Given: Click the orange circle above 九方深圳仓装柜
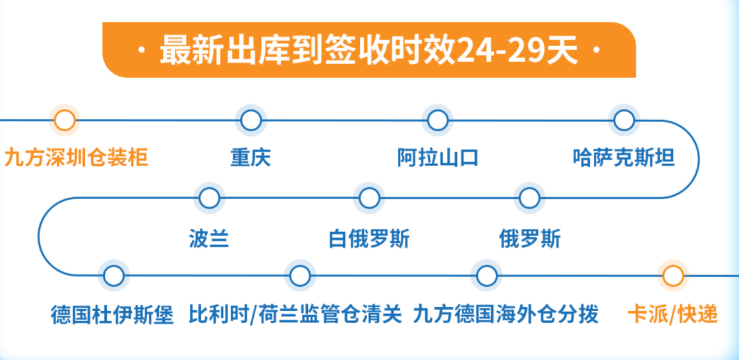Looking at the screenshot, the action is (x=65, y=120).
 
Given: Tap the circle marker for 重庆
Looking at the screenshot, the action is (x=251, y=120).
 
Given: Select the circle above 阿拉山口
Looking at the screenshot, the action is (x=437, y=120).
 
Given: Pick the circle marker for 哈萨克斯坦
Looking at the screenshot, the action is (x=624, y=120).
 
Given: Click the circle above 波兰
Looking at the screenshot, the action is (x=209, y=198).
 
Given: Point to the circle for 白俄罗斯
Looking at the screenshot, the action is (x=369, y=198).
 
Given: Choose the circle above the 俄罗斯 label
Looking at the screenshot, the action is (x=529, y=198).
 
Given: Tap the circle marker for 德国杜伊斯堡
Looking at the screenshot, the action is (x=113, y=276).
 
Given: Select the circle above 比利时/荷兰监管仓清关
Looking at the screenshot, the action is (x=300, y=276).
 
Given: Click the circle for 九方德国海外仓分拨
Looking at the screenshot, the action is (x=487, y=276).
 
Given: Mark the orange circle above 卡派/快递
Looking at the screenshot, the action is (x=672, y=276).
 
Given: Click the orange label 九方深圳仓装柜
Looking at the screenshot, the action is (x=76, y=158).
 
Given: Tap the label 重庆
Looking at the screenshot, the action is (x=251, y=158).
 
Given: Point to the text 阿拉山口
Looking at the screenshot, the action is (x=438, y=158).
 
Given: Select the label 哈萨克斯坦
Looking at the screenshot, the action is (x=624, y=158).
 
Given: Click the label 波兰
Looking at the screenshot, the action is (x=209, y=239).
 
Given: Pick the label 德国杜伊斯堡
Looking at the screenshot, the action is (x=113, y=315).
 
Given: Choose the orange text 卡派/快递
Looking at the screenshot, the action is (x=673, y=315).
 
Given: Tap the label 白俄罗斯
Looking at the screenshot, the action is (x=369, y=239).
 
